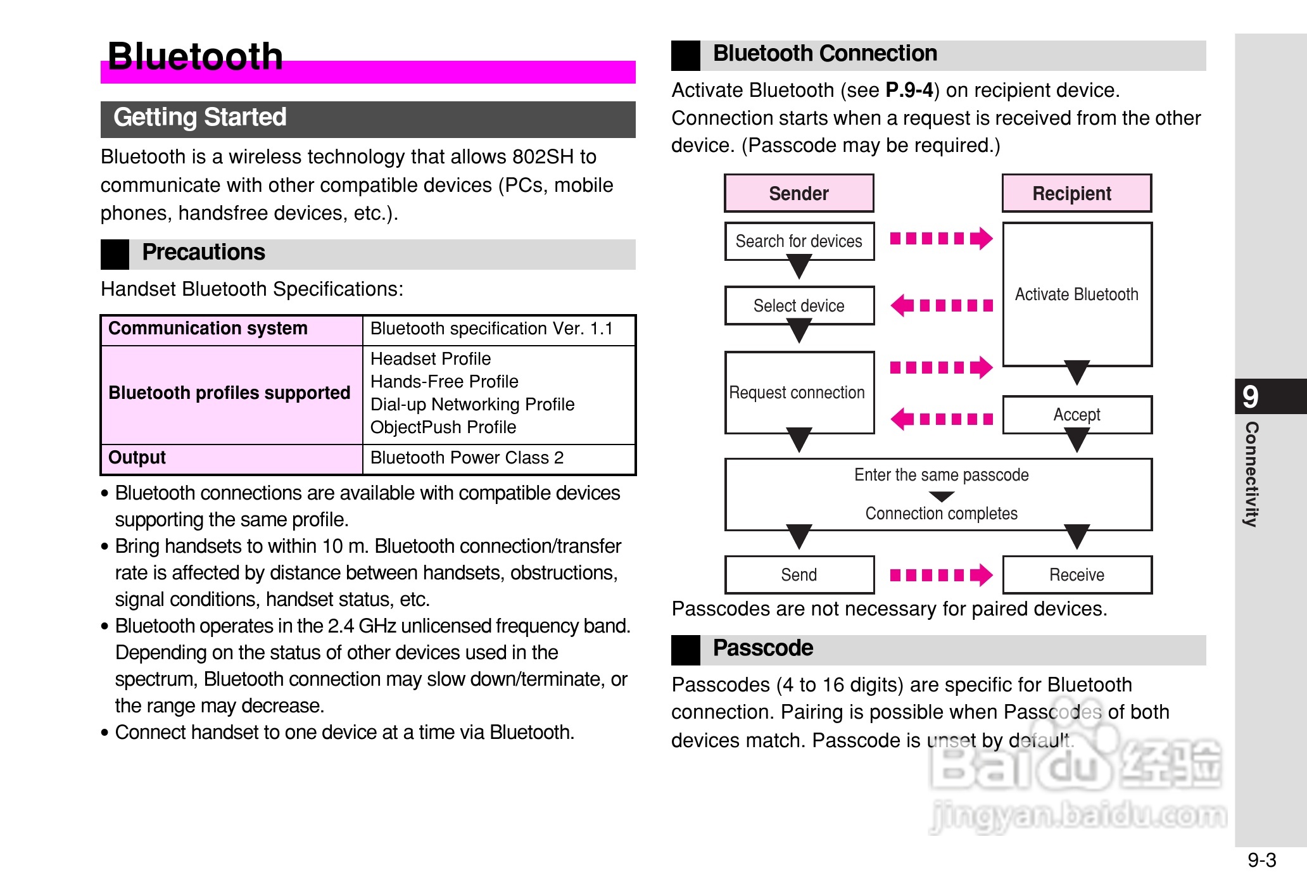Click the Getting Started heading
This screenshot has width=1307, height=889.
200,118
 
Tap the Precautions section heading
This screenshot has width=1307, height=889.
203,253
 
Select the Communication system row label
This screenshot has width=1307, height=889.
208,329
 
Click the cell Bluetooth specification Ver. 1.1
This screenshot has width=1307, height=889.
491,329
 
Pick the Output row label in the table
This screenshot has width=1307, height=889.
137,458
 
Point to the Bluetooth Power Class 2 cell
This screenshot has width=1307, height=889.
467,458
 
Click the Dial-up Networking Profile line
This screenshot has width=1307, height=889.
472,405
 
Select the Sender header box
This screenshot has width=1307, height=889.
799,193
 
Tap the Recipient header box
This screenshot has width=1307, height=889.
1076,193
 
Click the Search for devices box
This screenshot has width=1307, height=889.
799,241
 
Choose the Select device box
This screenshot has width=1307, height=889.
799,306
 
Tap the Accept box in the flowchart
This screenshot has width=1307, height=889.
1077,415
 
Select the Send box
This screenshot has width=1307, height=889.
799,575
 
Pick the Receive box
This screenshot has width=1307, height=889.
1077,575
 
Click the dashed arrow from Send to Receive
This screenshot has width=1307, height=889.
940,575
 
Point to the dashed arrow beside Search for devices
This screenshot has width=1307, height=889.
940,239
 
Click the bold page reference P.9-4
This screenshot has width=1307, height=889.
909,91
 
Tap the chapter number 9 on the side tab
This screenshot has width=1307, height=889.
1250,397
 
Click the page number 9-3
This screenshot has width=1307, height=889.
1261,860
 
